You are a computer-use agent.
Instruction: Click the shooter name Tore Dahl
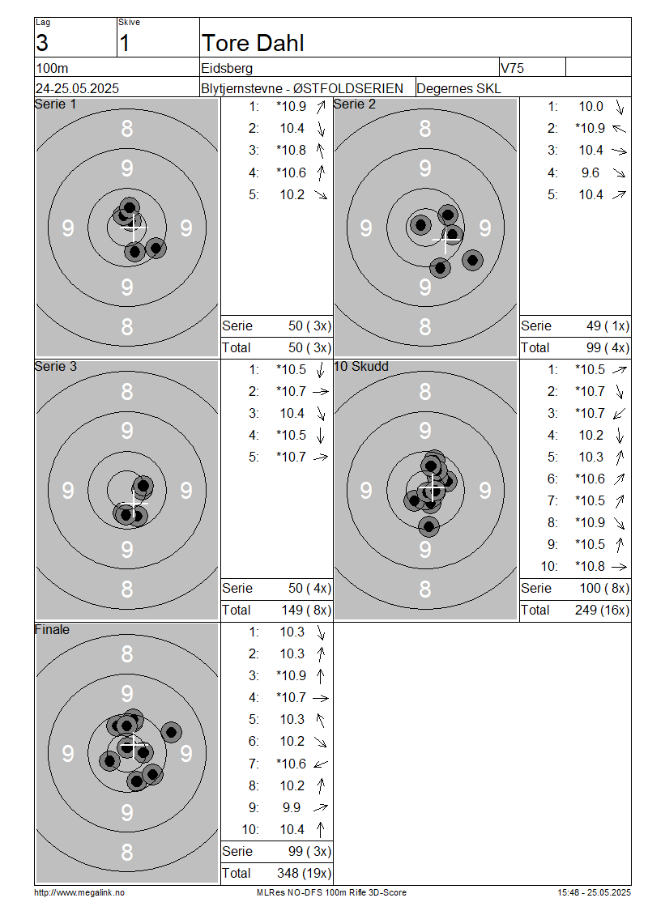tap(253, 43)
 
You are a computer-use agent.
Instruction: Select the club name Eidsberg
tap(227, 68)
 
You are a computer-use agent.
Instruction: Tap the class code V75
tap(512, 68)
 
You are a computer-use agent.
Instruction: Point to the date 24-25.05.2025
tap(77, 89)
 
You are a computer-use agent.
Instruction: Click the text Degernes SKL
tap(458, 89)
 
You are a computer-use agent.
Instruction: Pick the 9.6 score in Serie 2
tap(590, 172)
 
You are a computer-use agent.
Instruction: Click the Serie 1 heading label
tap(55, 104)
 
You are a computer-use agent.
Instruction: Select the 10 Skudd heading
tap(360, 367)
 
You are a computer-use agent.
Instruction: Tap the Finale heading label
tap(52, 630)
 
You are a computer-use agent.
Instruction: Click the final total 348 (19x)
tap(304, 873)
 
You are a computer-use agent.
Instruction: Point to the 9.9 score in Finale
tap(292, 807)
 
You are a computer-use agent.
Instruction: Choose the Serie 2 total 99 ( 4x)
tap(607, 348)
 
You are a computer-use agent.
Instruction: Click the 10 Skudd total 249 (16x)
tap(602, 611)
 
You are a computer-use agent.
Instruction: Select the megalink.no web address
tap(79, 893)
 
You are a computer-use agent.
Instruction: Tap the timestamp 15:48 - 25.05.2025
tap(594, 893)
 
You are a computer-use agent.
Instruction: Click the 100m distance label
tap(52, 68)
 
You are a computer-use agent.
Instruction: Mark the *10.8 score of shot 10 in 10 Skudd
tap(590, 567)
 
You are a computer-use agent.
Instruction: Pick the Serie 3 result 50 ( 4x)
tap(309, 588)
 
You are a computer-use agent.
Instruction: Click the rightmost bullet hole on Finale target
tap(171, 732)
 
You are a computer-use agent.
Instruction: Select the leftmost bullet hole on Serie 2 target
tap(420, 224)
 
